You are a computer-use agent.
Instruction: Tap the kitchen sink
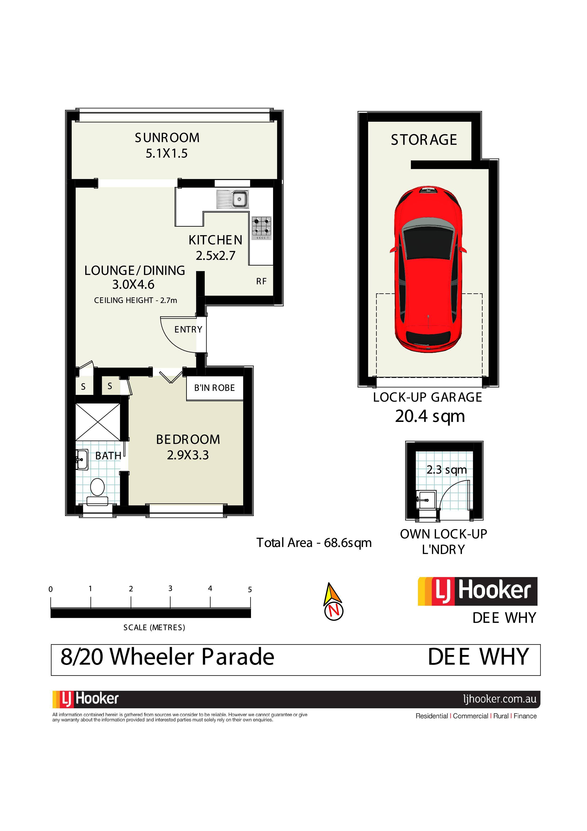(x=233, y=199)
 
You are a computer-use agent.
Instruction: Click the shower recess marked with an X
(x=98, y=422)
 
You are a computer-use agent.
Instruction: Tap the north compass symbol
(x=333, y=601)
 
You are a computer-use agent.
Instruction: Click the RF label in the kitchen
(x=261, y=281)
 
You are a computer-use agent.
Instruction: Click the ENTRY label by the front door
(x=188, y=329)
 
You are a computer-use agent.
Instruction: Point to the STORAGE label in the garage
(x=424, y=140)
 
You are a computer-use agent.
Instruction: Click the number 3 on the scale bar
(x=170, y=588)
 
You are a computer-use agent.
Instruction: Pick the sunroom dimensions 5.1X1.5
(x=167, y=154)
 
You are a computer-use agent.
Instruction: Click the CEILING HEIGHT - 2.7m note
(x=136, y=300)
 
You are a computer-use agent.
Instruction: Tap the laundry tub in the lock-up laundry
(x=426, y=499)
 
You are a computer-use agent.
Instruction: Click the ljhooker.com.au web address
(x=500, y=699)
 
